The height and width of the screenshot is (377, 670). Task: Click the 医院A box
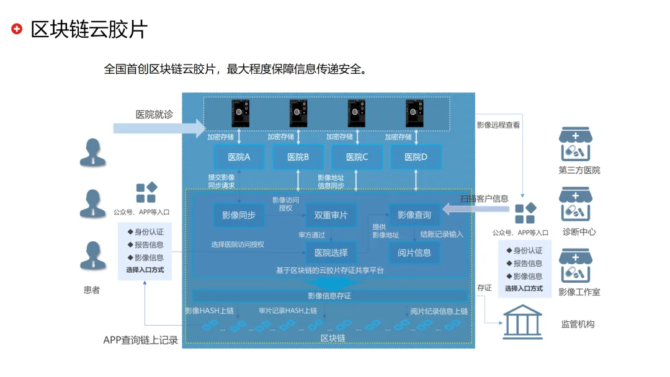pyautogui.click(x=239, y=157)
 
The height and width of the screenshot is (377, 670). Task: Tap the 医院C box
pyautogui.click(x=357, y=157)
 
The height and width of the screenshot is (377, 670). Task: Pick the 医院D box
pyautogui.click(x=416, y=157)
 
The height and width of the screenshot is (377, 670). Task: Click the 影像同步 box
pyautogui.click(x=239, y=215)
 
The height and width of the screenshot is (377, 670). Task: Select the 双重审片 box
pyautogui.click(x=331, y=215)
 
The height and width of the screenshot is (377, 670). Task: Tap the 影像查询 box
pyautogui.click(x=414, y=215)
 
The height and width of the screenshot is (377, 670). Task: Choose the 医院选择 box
pyautogui.click(x=331, y=252)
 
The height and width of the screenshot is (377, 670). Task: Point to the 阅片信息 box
pyautogui.click(x=414, y=252)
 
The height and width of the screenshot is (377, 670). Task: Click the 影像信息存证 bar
pyautogui.click(x=329, y=296)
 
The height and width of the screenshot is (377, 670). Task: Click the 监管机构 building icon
pyautogui.click(x=522, y=322)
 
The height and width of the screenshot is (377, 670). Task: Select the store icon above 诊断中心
pyautogui.click(x=575, y=205)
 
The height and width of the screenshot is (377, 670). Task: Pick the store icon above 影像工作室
pyautogui.click(x=575, y=266)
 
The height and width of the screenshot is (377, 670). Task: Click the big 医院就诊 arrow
pyautogui.click(x=159, y=128)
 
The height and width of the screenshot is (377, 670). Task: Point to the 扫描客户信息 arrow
pyautogui.click(x=475, y=211)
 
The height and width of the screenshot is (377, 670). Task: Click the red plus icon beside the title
pyautogui.click(x=17, y=29)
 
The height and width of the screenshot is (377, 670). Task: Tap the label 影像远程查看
pyautogui.click(x=498, y=125)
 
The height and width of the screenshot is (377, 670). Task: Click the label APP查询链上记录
pyautogui.click(x=141, y=340)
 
